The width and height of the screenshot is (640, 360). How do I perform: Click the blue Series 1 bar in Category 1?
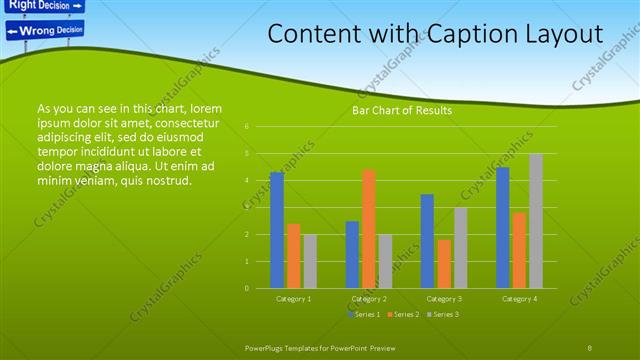tap(277, 230)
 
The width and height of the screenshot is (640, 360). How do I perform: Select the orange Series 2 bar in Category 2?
tap(369, 229)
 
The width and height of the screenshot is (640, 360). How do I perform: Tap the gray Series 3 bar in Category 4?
tap(536, 221)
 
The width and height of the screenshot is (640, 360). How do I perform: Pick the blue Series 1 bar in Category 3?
tap(427, 241)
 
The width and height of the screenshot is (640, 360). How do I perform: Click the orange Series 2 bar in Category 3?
tap(444, 264)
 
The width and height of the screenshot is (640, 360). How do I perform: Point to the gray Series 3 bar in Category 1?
tap(310, 261)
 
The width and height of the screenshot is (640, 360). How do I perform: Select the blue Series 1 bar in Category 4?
tap(503, 228)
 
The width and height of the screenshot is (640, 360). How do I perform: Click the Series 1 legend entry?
tap(364, 314)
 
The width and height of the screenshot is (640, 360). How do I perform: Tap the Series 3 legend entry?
tap(442, 314)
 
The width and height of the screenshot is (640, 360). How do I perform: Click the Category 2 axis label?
tap(369, 298)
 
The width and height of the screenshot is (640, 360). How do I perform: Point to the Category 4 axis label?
tap(519, 298)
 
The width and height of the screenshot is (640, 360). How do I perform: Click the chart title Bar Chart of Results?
tap(402, 110)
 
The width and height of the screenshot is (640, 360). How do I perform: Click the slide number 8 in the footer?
tap(589, 346)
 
